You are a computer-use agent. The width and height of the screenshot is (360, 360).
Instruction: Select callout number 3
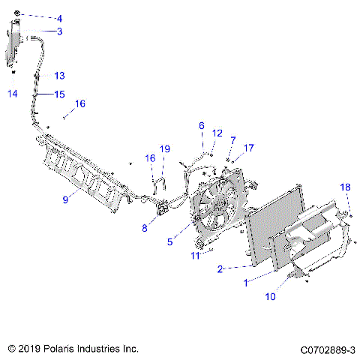(60, 31)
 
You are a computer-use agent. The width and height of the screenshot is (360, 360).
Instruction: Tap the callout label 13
(59, 76)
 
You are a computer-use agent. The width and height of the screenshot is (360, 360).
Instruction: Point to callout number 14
(11, 94)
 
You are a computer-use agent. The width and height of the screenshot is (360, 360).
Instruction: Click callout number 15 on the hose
(59, 94)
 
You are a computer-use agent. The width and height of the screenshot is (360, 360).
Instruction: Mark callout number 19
(166, 149)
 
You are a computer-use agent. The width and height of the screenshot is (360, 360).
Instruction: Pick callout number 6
(201, 125)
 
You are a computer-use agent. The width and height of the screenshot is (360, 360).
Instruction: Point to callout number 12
(217, 133)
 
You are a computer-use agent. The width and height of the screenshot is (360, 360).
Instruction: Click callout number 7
(233, 140)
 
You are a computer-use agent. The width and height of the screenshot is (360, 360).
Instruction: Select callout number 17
(249, 148)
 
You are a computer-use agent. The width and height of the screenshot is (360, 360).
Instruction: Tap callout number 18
(346, 187)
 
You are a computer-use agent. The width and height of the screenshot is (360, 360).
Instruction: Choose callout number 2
(220, 268)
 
